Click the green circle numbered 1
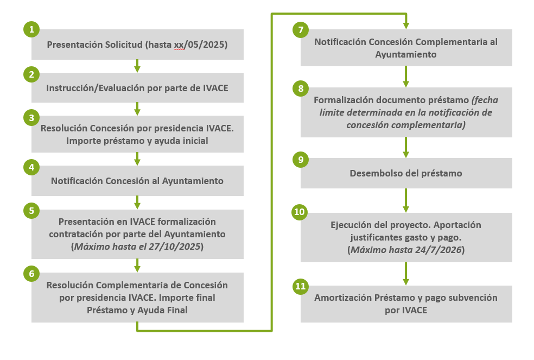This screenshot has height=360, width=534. [x=31, y=29]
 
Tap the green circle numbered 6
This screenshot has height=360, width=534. [x=31, y=274]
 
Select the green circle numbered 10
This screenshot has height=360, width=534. [x=299, y=212]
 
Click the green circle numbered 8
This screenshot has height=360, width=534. [x=300, y=88]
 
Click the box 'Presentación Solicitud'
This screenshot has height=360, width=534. [x=137, y=45]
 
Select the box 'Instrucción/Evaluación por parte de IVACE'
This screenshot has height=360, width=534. [x=137, y=87]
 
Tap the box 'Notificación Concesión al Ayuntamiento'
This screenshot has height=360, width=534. [x=137, y=181]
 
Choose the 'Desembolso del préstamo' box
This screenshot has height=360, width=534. [x=406, y=173]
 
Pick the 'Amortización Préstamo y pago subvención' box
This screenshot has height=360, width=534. [x=406, y=304]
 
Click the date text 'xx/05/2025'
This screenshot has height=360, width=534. [x=198, y=45]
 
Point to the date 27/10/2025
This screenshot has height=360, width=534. [x=175, y=246]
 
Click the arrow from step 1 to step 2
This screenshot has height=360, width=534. [x=137, y=66]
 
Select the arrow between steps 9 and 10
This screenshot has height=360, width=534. [x=406, y=200]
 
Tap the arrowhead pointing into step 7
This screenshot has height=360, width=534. [x=406, y=25]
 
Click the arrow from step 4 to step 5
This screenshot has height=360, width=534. [x=137, y=202]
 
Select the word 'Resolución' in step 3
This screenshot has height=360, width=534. [x=62, y=129]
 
